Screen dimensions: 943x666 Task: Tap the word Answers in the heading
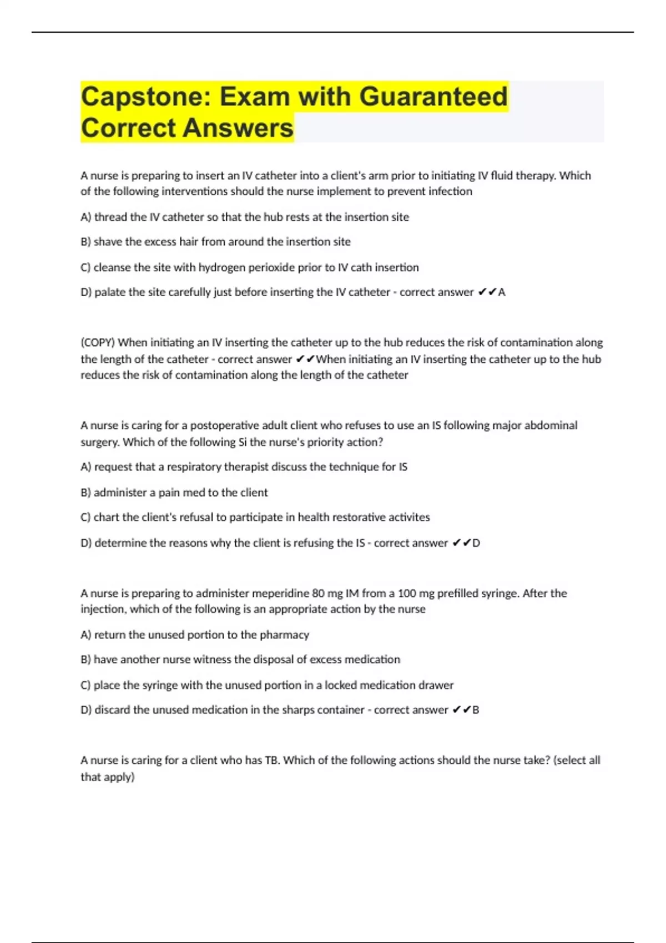[238, 128]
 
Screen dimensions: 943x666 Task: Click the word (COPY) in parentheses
[98, 343]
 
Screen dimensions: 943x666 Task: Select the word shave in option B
[106, 242]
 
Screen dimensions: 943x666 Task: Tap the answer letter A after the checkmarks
[502, 292]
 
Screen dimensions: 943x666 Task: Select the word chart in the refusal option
[106, 518]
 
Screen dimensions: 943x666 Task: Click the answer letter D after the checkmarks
[476, 543]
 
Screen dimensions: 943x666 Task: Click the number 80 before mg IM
[318, 594]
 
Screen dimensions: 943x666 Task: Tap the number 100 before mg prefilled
[407, 594]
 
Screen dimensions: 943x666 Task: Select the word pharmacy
[285, 635]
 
